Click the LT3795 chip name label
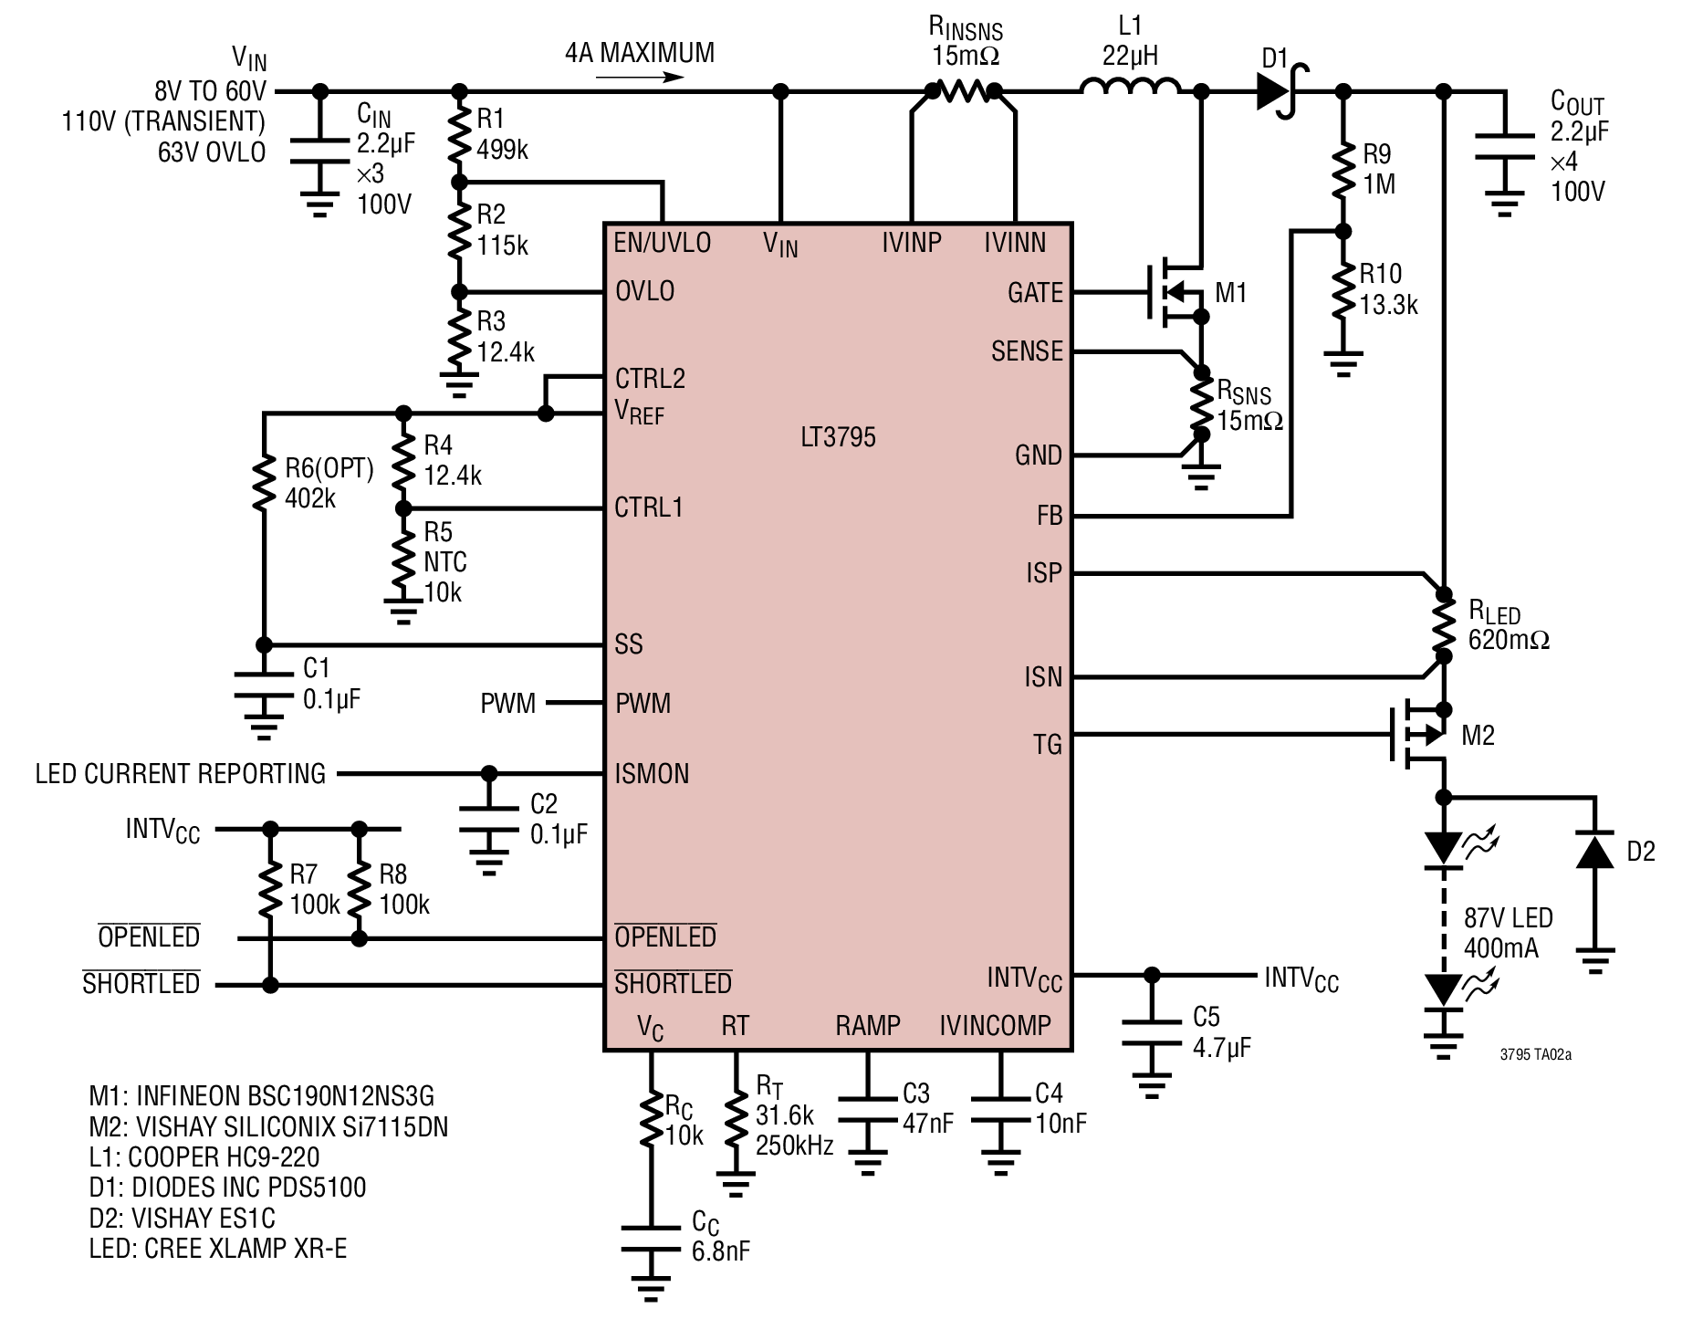[x=838, y=437]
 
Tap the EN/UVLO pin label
[x=663, y=243]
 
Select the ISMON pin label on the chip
[x=652, y=774]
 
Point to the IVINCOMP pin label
[x=996, y=1025]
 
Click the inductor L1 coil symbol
[x=1130, y=87]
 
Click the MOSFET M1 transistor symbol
[x=1177, y=293]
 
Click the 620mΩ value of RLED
[x=1509, y=640]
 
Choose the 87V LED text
[x=1508, y=918]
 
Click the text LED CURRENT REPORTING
[x=181, y=774]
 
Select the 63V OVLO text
[x=212, y=152]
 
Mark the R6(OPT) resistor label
[x=329, y=469]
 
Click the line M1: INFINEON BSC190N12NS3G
[x=262, y=1095]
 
